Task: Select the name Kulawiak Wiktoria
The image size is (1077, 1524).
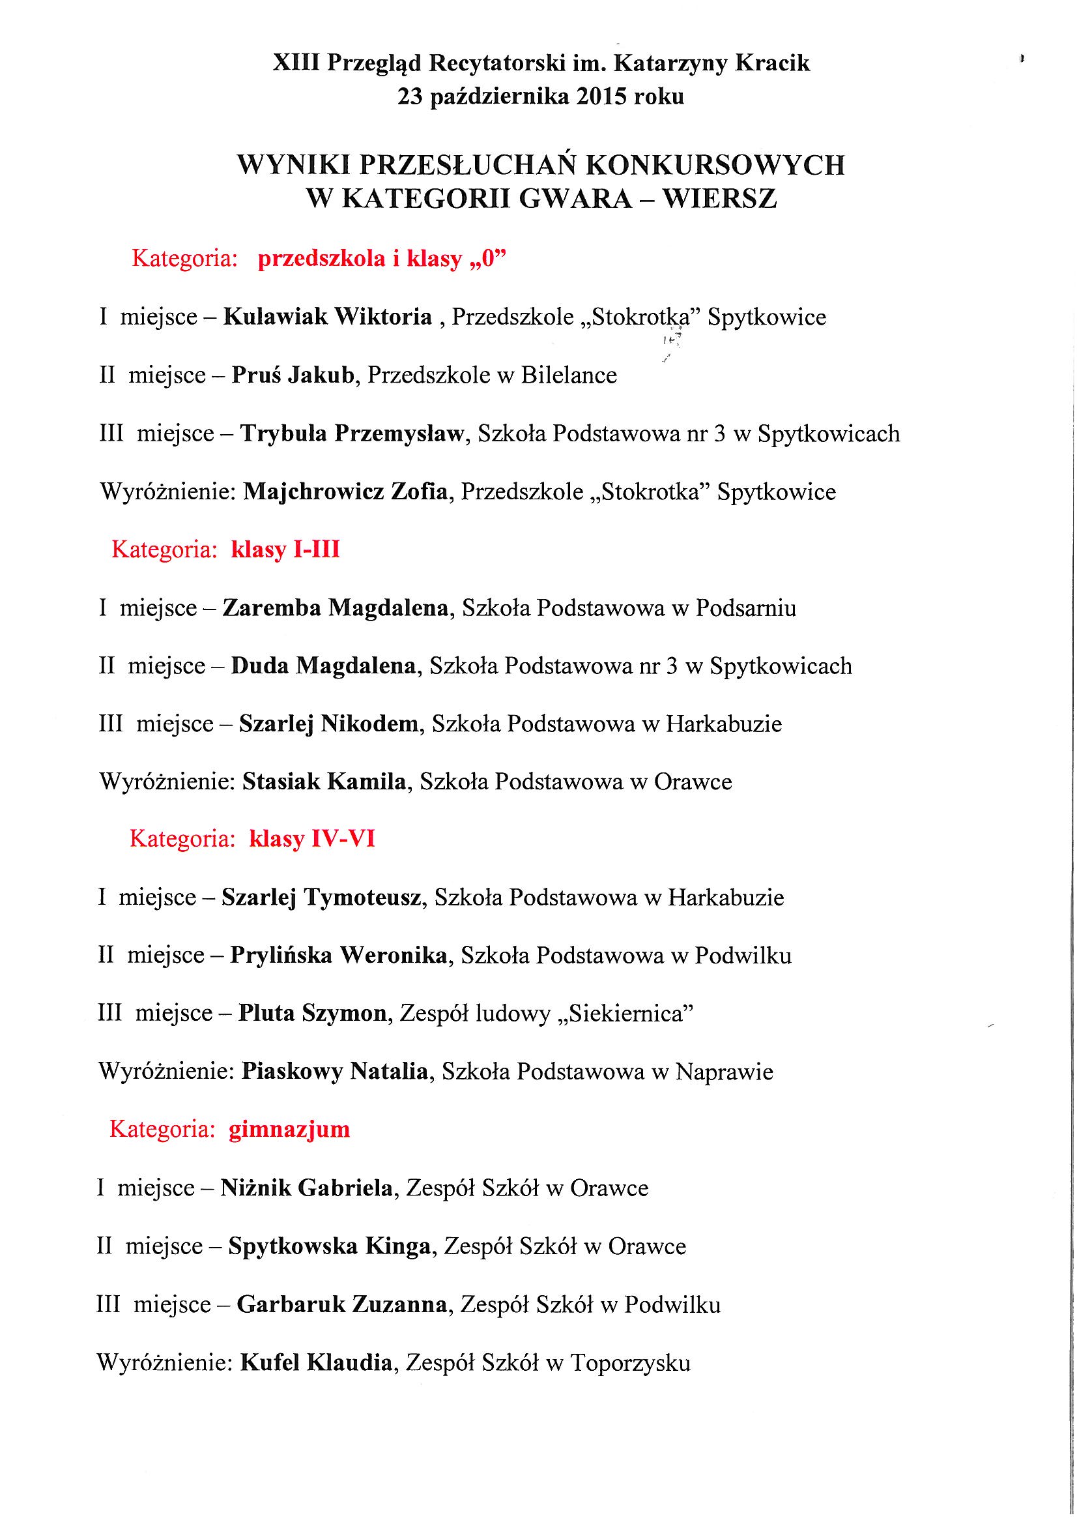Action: coord(327,317)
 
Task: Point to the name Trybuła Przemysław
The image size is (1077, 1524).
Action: coord(352,433)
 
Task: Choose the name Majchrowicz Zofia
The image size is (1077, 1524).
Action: coord(345,492)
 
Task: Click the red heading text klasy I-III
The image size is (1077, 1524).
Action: coord(285,550)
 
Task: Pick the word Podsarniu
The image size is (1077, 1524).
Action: coord(745,608)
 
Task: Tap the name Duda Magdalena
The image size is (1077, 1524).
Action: coord(323,666)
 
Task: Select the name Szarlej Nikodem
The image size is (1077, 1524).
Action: coord(328,724)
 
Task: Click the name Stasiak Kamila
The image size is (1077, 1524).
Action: coord(324,782)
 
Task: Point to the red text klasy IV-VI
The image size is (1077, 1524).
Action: coord(312,839)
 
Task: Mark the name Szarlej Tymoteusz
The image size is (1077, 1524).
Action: coord(321,898)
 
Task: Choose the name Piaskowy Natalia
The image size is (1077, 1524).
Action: coord(334,1072)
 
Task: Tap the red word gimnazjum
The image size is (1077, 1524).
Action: coord(289,1129)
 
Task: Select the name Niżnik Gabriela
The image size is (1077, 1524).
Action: coord(306,1188)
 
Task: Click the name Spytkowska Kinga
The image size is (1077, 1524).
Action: coord(329,1246)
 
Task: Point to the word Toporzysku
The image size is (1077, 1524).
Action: coord(630,1363)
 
